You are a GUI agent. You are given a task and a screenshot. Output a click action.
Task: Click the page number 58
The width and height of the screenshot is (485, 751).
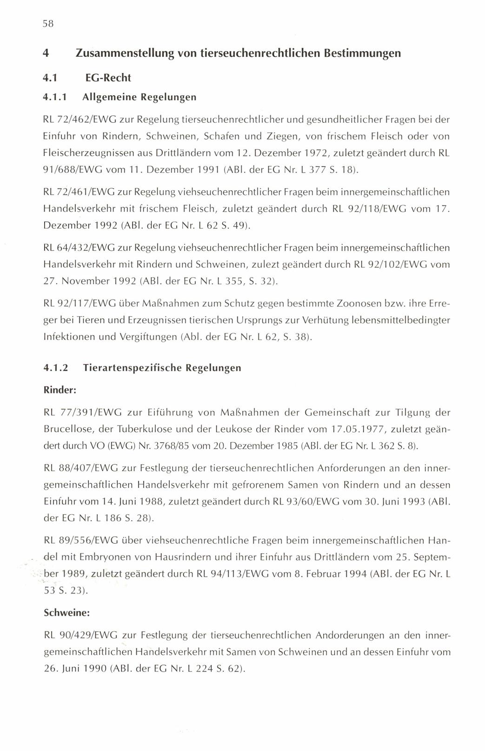coord(48,24)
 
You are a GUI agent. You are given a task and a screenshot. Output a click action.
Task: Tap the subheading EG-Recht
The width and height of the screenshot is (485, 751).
coord(108,78)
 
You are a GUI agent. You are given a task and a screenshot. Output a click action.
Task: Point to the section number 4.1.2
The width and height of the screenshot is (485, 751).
coord(56,368)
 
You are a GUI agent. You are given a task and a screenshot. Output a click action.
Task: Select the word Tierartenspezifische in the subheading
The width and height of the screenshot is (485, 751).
coord(131,368)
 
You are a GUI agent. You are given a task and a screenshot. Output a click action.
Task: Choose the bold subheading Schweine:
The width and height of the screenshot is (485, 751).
coord(66,613)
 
